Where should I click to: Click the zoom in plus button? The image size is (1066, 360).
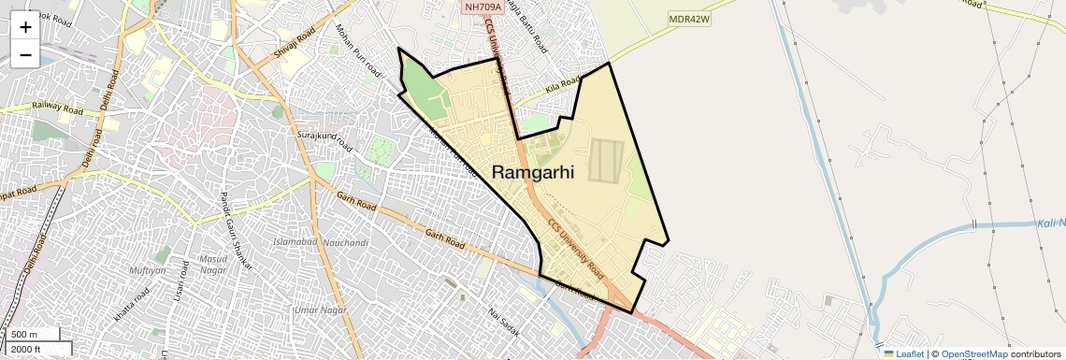click(25, 27)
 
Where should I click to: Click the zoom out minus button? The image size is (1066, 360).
click(25, 55)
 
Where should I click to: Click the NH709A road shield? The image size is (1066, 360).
click(483, 7)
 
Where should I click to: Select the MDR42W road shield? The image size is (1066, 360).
click(690, 19)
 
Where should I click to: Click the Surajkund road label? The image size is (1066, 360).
click(324, 141)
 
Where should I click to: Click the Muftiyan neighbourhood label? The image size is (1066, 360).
click(148, 270)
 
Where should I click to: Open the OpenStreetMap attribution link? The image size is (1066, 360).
click(974, 353)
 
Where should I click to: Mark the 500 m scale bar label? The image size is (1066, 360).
click(24, 335)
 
